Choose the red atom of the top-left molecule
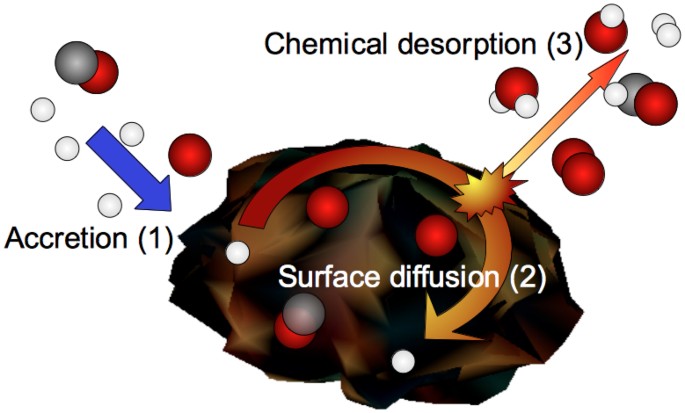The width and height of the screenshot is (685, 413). pyautogui.click(x=98, y=73)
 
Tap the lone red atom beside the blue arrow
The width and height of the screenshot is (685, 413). pyautogui.click(x=190, y=155)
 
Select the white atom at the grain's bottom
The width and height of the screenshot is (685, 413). pyautogui.click(x=403, y=361)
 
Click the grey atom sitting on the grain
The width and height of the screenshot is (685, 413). pyautogui.click(x=300, y=314)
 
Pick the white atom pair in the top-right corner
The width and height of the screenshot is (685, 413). pyautogui.click(x=665, y=29)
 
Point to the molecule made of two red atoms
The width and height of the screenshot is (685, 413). pyautogui.click(x=577, y=164)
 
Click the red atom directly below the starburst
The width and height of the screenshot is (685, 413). pyautogui.click(x=436, y=235)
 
